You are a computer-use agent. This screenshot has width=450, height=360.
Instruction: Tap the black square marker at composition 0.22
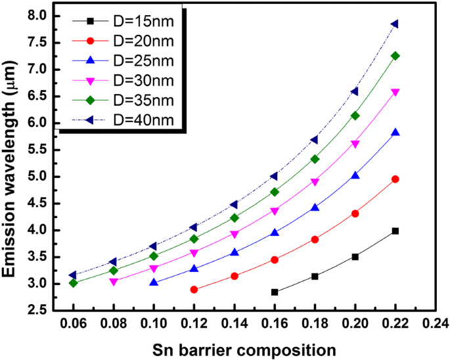[x=395, y=231]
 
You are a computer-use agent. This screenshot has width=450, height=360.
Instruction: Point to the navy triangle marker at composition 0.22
[x=395, y=24]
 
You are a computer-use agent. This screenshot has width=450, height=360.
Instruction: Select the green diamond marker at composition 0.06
[x=74, y=283]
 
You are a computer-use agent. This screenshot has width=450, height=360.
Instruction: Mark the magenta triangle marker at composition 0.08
[x=114, y=282]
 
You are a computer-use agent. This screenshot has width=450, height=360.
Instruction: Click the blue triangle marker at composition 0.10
[x=154, y=282]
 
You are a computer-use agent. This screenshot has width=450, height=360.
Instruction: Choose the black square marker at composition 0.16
[x=275, y=292]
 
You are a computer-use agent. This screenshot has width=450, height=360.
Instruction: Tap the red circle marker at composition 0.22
[x=395, y=179]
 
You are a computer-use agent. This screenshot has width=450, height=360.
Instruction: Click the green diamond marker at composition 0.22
[x=395, y=56]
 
